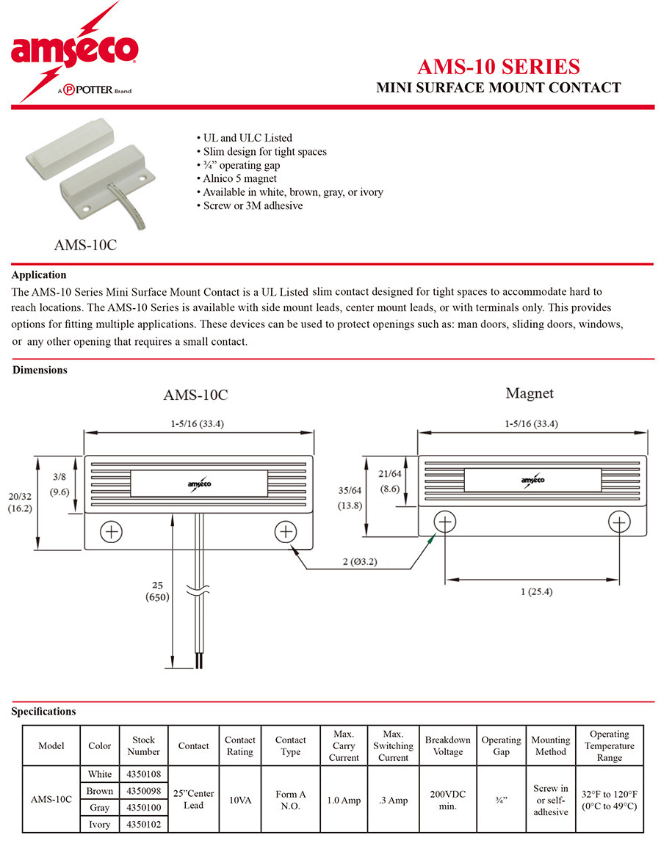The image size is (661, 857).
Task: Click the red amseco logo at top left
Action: [x=74, y=52]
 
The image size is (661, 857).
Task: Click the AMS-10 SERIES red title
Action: [x=499, y=67]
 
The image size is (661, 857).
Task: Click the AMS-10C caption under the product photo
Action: [x=85, y=245]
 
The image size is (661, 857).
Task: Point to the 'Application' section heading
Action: [x=39, y=275]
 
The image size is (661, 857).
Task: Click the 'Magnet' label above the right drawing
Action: [x=529, y=393]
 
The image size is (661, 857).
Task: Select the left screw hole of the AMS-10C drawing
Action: [x=112, y=532]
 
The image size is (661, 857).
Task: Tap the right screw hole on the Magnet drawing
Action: [x=619, y=522]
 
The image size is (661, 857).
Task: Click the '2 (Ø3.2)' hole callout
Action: [x=360, y=562]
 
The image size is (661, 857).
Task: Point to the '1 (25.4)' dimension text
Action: [x=536, y=592]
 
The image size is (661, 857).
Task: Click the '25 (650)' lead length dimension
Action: [x=158, y=591]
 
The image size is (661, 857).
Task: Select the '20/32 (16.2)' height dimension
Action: [x=20, y=503]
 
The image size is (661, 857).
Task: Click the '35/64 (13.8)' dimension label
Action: [x=350, y=498]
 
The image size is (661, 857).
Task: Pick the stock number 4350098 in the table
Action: [x=143, y=791]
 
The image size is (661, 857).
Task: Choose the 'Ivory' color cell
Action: [x=100, y=824]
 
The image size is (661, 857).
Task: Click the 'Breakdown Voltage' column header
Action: [x=447, y=745]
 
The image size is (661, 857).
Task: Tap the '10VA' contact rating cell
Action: [x=240, y=801]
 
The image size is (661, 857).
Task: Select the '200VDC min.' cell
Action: [x=447, y=801]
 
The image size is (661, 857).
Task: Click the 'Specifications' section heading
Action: [x=44, y=712]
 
